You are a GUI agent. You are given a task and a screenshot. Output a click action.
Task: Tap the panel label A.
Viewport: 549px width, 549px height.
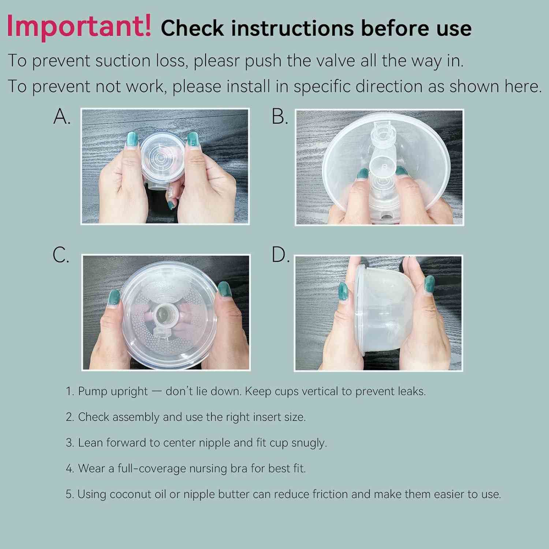[62, 117]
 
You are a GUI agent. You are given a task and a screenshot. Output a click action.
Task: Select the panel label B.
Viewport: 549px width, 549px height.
[280, 117]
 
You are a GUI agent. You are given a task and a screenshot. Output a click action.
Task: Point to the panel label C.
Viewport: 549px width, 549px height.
[61, 255]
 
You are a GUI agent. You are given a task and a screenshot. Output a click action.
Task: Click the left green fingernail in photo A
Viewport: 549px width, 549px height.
[131, 139]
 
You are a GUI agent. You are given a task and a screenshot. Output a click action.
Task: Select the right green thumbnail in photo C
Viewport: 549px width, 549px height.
[224, 289]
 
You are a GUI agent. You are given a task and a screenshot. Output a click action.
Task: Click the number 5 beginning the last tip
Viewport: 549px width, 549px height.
[70, 494]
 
